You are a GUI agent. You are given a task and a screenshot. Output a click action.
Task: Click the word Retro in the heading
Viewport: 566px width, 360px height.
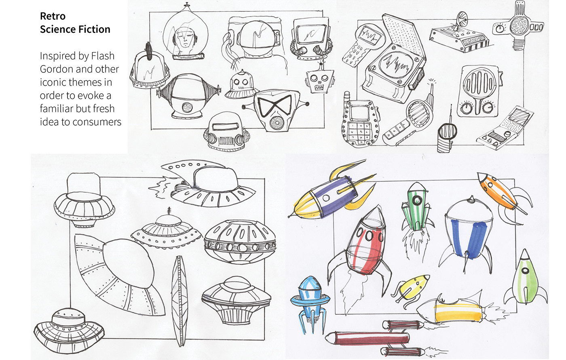[53, 16]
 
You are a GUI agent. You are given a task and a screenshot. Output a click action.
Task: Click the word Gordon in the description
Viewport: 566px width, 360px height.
[56, 69]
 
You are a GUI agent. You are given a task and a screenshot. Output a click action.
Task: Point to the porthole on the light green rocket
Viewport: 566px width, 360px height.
[525, 271]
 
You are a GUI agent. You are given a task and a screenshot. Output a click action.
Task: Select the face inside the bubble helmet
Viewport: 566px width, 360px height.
[185, 39]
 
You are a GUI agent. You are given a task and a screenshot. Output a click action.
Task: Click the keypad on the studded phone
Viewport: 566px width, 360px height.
[361, 132]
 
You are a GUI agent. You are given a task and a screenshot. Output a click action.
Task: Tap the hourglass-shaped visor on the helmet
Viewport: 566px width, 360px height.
[275, 106]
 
